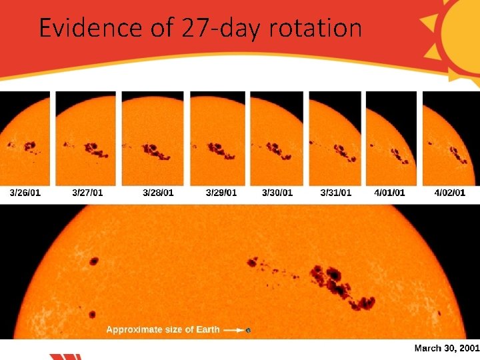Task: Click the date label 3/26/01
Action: click(25, 193)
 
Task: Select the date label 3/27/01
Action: click(87, 193)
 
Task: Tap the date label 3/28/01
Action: click(158, 193)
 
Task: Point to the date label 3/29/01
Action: click(221, 193)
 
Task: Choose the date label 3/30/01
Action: click(277, 193)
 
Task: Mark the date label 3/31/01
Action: click(335, 193)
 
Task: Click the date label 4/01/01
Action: click(389, 193)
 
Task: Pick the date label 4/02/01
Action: click(449, 193)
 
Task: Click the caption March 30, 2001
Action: click(446, 348)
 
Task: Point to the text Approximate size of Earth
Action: click(163, 329)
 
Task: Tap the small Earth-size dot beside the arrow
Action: click(249, 330)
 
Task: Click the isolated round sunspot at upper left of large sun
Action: click(93, 261)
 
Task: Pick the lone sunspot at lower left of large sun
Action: click(92, 314)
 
